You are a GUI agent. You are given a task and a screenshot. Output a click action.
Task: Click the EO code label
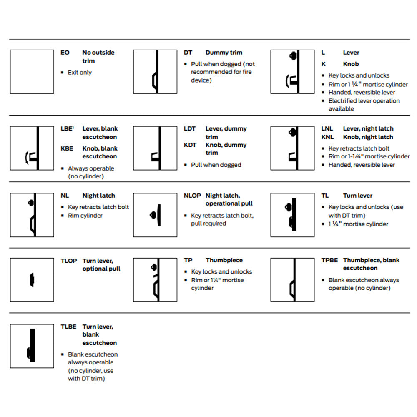click(x=65, y=53)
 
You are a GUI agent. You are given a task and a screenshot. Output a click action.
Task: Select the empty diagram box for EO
click(x=32, y=72)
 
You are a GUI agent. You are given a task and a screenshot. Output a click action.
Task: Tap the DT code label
click(x=188, y=53)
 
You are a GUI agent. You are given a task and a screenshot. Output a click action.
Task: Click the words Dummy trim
click(x=224, y=53)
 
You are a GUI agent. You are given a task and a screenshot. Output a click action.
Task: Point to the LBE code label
click(x=66, y=129)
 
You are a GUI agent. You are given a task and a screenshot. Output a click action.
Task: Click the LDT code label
click(x=190, y=129)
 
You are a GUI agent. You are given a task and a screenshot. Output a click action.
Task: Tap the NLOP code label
click(x=192, y=196)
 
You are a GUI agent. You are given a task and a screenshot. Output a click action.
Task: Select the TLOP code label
click(x=69, y=261)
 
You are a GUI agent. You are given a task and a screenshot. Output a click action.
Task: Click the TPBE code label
click(x=329, y=260)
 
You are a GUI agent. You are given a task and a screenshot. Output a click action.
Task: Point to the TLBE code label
click(x=68, y=327)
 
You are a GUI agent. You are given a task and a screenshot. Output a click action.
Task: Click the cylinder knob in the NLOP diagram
click(x=153, y=215)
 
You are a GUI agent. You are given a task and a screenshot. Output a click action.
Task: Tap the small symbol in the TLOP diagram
click(x=32, y=280)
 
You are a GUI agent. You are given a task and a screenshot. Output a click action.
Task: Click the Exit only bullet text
click(x=80, y=73)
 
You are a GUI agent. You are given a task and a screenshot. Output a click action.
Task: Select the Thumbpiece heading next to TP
click(x=224, y=260)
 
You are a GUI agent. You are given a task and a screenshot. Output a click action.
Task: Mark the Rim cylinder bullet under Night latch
click(x=85, y=216)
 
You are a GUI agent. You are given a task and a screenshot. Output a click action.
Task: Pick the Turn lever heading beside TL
click(x=357, y=196)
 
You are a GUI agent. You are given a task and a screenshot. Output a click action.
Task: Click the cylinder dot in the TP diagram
click(x=154, y=267)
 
